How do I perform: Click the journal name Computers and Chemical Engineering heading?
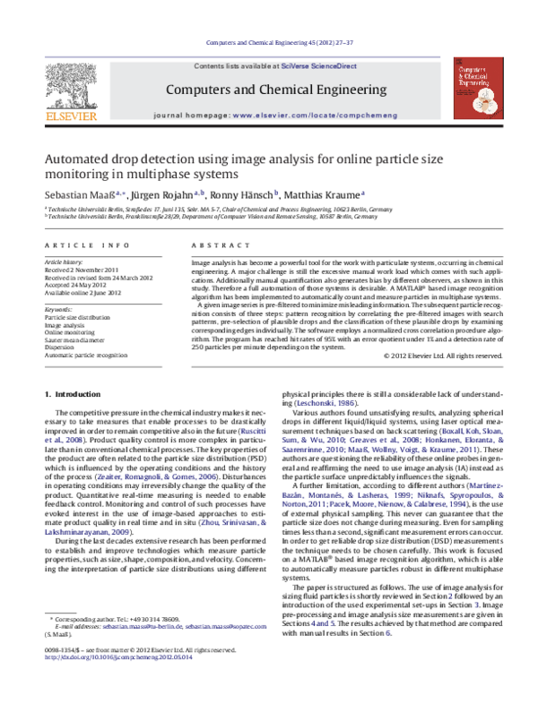[x=268, y=90]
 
